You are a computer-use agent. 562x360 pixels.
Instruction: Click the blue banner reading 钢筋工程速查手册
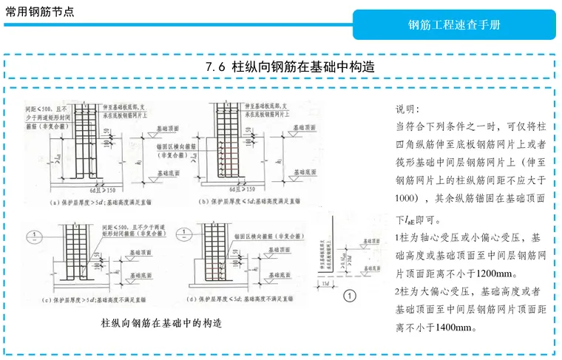tap(454, 25)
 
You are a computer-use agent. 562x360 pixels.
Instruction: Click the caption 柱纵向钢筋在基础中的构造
tap(161, 324)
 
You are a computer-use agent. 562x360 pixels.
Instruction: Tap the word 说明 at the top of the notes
tap(408, 109)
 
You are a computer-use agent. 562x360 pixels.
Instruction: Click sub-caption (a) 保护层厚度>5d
tap(100, 201)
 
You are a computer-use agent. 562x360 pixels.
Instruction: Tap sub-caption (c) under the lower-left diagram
tap(100, 299)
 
